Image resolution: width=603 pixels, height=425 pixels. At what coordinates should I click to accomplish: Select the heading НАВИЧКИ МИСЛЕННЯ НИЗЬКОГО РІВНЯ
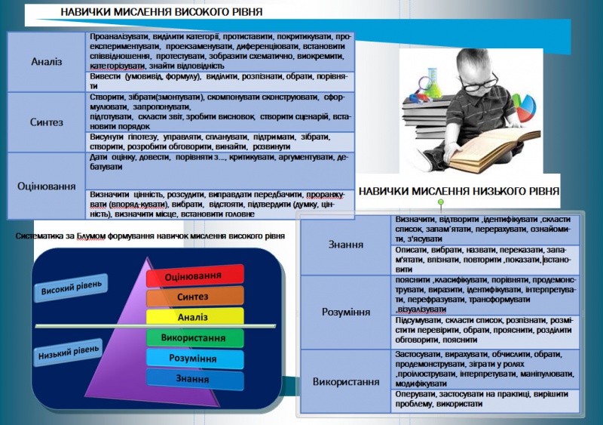(x=459, y=192)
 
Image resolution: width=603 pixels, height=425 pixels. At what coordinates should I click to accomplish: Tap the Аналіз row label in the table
(x=47, y=61)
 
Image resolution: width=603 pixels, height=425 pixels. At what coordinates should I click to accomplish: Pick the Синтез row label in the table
(x=47, y=122)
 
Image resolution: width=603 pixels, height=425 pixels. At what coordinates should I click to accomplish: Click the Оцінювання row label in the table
(x=47, y=185)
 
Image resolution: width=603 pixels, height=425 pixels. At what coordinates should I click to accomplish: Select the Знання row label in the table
(x=346, y=245)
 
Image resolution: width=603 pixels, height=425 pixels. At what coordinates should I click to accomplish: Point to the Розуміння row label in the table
(x=346, y=311)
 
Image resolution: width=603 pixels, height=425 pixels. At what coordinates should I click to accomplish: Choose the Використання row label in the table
(x=346, y=381)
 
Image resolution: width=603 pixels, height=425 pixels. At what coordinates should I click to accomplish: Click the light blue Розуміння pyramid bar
(x=194, y=358)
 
